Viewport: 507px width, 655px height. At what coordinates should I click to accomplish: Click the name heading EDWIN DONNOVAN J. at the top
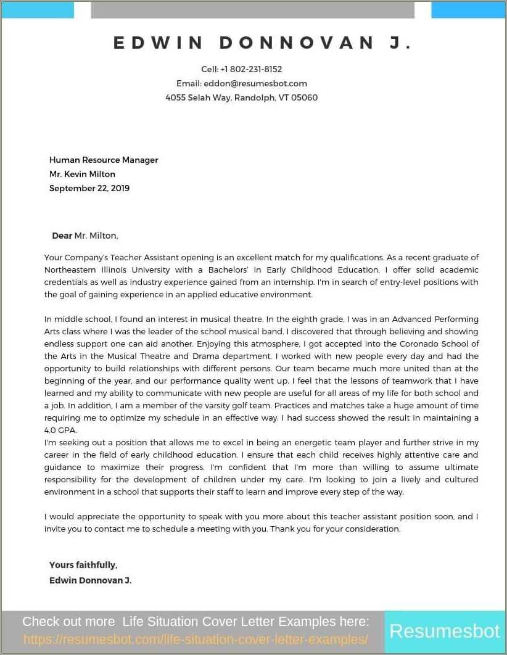pyautogui.click(x=263, y=43)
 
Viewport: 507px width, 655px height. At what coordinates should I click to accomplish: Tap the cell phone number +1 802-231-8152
pyautogui.click(x=251, y=69)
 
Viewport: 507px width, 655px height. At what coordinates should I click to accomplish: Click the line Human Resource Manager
pyautogui.click(x=104, y=160)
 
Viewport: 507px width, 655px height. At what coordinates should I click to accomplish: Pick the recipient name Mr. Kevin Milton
pyautogui.click(x=82, y=174)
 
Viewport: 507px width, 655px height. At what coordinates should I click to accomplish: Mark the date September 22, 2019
pyautogui.click(x=89, y=188)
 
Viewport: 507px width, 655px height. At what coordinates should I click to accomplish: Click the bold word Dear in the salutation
pyautogui.click(x=62, y=236)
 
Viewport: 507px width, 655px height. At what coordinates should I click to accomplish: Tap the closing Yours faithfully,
pyautogui.click(x=83, y=565)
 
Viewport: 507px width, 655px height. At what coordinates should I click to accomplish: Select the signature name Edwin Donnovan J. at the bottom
pyautogui.click(x=90, y=580)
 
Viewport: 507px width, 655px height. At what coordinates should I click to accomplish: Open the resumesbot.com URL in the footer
pyautogui.click(x=196, y=640)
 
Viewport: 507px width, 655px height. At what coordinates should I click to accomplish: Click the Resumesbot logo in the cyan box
pyautogui.click(x=444, y=632)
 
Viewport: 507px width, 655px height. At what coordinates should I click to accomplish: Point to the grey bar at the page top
pyautogui.click(x=252, y=10)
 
